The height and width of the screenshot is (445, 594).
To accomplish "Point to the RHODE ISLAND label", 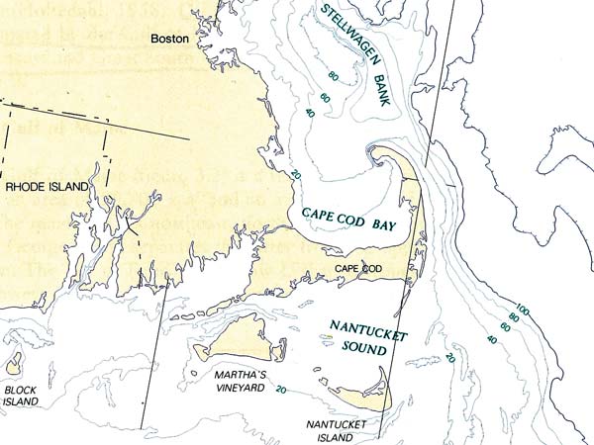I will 47,186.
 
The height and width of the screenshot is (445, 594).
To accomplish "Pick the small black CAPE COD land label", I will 358,269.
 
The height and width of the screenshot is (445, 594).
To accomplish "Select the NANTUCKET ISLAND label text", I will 336,431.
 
